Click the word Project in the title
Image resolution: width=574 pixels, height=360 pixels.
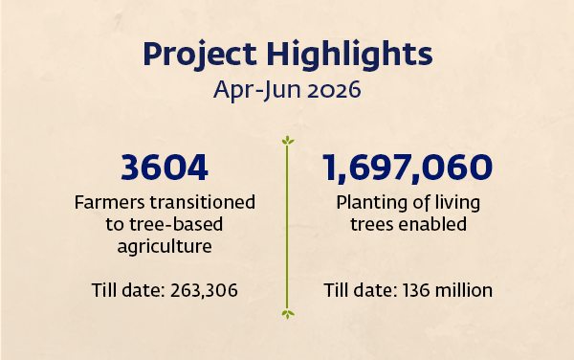point(200,55)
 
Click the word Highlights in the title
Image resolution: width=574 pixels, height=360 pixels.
point(349,55)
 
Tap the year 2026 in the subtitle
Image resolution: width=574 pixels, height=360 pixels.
point(334,90)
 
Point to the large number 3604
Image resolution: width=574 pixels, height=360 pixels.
point(165,168)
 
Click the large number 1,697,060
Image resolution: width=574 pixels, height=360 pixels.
point(408,168)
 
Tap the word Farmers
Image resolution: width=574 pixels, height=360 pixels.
point(109,202)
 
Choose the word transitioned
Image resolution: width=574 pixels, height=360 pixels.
point(203,202)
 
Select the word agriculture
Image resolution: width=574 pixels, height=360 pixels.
point(165,246)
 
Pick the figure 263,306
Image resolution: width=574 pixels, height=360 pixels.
point(204,290)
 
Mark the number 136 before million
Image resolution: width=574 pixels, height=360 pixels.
point(416,290)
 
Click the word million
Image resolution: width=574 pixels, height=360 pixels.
point(463,290)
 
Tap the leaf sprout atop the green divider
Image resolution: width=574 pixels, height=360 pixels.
point(288,140)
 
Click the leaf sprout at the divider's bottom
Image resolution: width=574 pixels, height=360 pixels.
point(288,314)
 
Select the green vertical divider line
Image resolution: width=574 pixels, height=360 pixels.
point(287,227)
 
